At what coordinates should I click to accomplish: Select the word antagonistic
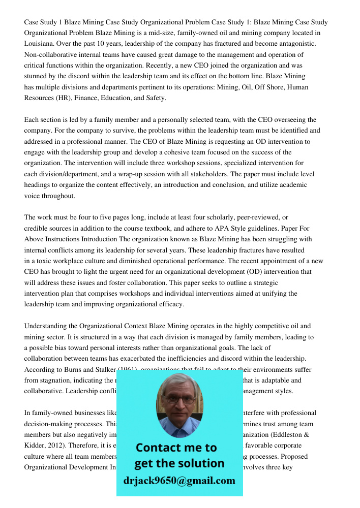297,44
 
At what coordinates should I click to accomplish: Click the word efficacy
171,304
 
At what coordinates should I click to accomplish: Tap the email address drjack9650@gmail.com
179,481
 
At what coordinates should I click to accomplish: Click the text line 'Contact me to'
176,448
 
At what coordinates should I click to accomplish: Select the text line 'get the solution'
179,463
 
